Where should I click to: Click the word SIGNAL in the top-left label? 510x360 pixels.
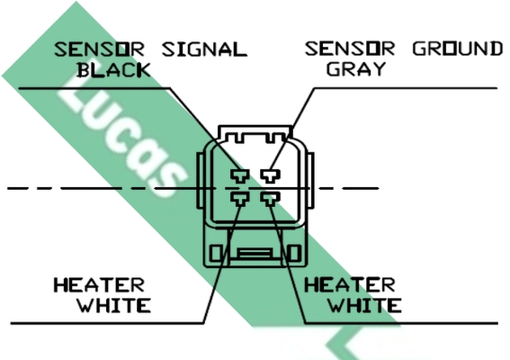pyautogui.click(x=204, y=49)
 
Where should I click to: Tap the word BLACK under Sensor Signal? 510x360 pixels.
pyautogui.click(x=114, y=70)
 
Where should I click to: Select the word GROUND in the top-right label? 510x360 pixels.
pyautogui.click(x=458, y=49)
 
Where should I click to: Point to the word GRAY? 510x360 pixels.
pyautogui.click(x=356, y=69)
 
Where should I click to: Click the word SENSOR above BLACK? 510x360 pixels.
pyautogui.click(x=99, y=49)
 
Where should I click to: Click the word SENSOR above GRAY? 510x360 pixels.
pyautogui.click(x=350, y=49)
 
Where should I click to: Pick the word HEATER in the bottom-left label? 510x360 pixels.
pyautogui.click(x=99, y=285)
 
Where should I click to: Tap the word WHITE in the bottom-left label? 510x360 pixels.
pyautogui.click(x=114, y=306)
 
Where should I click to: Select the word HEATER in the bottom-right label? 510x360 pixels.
pyautogui.click(x=350, y=285)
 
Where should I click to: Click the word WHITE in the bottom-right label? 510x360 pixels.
pyautogui.click(x=364, y=306)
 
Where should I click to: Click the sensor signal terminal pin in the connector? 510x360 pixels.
pyautogui.click(x=240, y=175)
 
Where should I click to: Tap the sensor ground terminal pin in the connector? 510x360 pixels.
pyautogui.click(x=270, y=175)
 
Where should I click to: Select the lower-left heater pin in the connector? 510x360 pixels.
pyautogui.click(x=240, y=199)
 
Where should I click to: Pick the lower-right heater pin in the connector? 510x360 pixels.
pyautogui.click(x=270, y=199)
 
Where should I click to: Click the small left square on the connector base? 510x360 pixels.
pyautogui.click(x=215, y=253)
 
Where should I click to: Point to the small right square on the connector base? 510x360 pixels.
pyautogui.click(x=294, y=253)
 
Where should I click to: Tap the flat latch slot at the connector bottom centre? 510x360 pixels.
pyautogui.click(x=255, y=253)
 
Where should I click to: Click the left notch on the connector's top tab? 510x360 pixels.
pyautogui.click(x=239, y=138)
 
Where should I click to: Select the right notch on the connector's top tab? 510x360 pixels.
pyautogui.click(x=272, y=138)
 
